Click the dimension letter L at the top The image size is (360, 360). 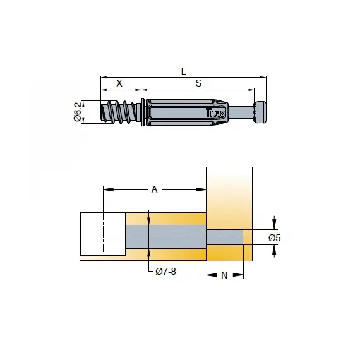(183, 71)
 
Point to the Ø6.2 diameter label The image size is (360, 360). (77, 112)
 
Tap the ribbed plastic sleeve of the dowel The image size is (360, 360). (183, 112)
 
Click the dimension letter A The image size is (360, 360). (154, 189)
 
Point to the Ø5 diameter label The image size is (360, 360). (274, 237)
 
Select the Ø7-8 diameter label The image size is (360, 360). (166, 272)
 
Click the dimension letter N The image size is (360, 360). (225, 275)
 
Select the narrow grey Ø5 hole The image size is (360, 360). (225, 237)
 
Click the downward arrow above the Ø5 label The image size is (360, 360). (274, 223)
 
